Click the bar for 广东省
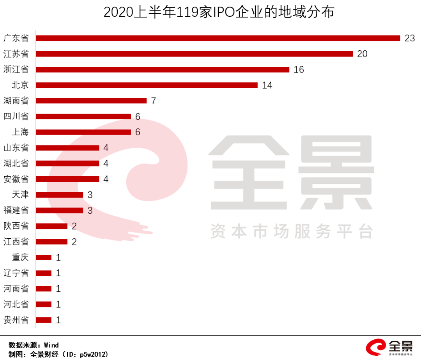tap(218, 38)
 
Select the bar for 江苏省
tap(194, 54)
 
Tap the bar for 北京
tap(147, 85)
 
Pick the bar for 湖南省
tap(91, 101)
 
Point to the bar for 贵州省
tap(44, 320)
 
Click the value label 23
tap(410, 38)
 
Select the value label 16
tap(299, 70)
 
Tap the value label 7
tap(153, 101)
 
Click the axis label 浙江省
tap(16, 69)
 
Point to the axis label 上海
tap(21, 132)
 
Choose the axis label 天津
tap(21, 195)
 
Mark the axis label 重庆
tap(21, 257)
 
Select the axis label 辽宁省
tap(16, 273)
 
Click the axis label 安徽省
tap(16, 179)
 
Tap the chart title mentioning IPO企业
tap(219, 12)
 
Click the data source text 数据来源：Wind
tap(34, 345)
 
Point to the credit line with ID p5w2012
tap(58, 354)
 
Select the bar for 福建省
tap(60, 210)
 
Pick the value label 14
tap(267, 85)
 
